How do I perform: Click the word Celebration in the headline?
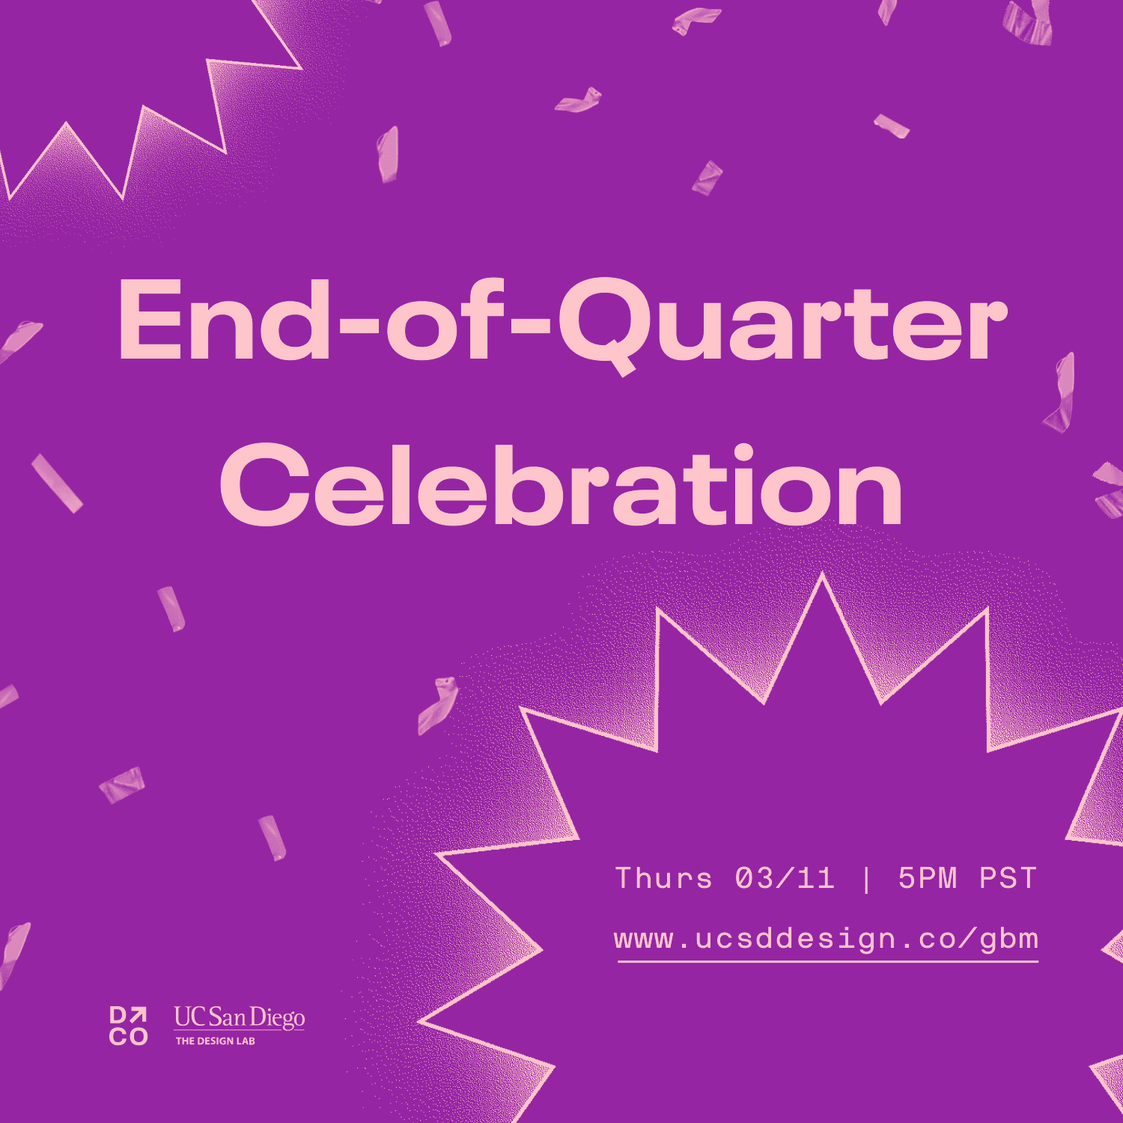[x=561, y=484]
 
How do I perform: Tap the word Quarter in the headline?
[x=782, y=326]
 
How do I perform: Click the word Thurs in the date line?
[x=663, y=878]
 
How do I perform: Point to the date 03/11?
[x=785, y=878]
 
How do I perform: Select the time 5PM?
[x=928, y=878]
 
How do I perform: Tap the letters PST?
[x=1008, y=878]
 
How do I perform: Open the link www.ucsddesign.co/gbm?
[x=827, y=940]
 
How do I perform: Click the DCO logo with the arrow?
[x=129, y=1026]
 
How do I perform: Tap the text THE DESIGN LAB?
[x=216, y=1041]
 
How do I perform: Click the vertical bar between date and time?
[x=867, y=879]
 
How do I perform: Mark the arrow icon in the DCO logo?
[x=139, y=1016]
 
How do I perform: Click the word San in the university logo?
[x=227, y=1017]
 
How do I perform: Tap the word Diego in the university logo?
[x=277, y=1019]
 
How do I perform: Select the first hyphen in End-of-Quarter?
[x=357, y=327]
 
